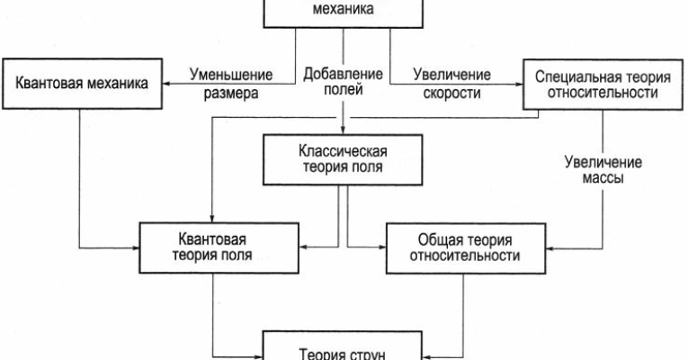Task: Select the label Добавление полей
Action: pyautogui.click(x=343, y=83)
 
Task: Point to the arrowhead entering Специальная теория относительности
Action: pyautogui.click(x=518, y=85)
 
